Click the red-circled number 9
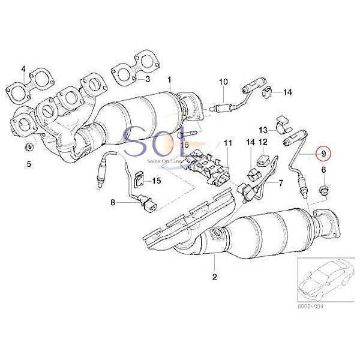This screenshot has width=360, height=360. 325,154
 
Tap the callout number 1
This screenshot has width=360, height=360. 169,79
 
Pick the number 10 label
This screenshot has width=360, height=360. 223,81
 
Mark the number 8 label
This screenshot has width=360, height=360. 112,204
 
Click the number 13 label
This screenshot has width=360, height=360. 263,130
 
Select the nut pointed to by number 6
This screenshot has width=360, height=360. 324,191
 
